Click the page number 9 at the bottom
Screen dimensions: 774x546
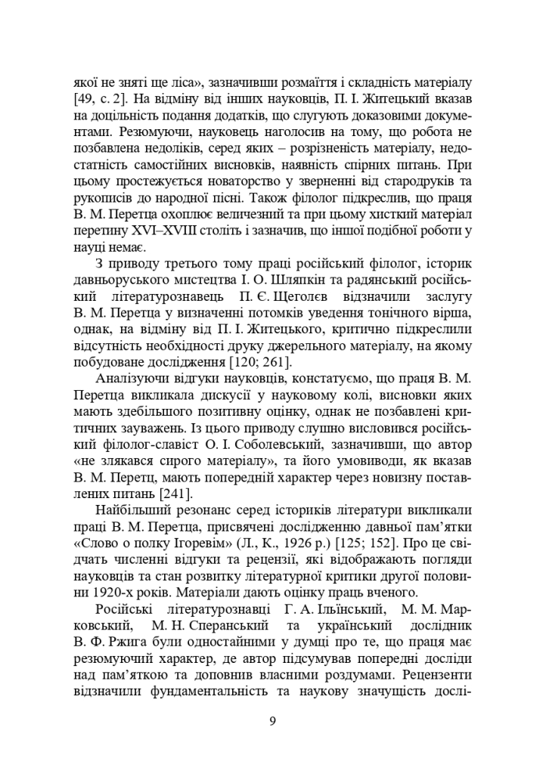(273, 720)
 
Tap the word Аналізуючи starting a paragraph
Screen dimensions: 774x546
(137, 379)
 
